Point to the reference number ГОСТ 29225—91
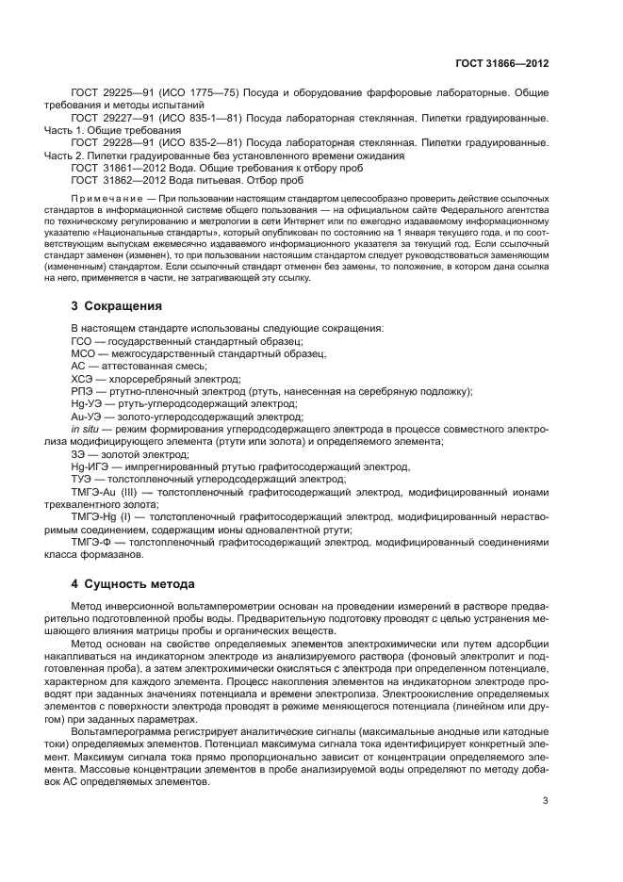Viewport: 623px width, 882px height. click(x=111, y=95)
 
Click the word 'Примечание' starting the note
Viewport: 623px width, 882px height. click(x=112, y=200)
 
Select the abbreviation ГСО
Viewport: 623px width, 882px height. click(x=83, y=340)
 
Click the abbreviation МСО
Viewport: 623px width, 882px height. click(x=84, y=352)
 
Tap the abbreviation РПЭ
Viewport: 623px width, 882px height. click(x=83, y=390)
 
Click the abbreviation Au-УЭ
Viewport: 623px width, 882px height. click(x=88, y=416)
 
